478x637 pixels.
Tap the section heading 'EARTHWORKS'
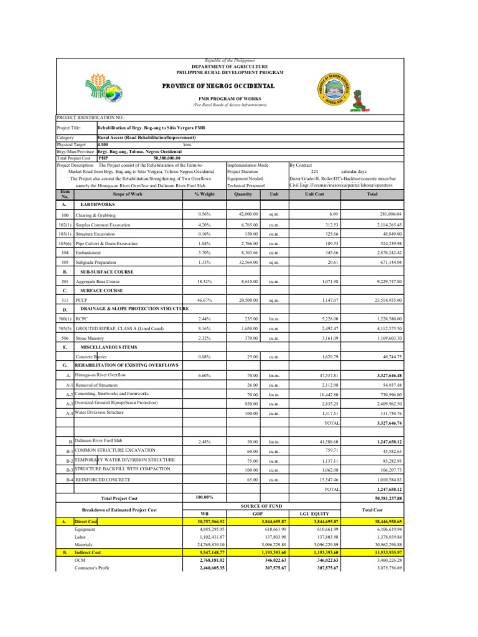tap(97, 204)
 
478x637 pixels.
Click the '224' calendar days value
tap(314, 172)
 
